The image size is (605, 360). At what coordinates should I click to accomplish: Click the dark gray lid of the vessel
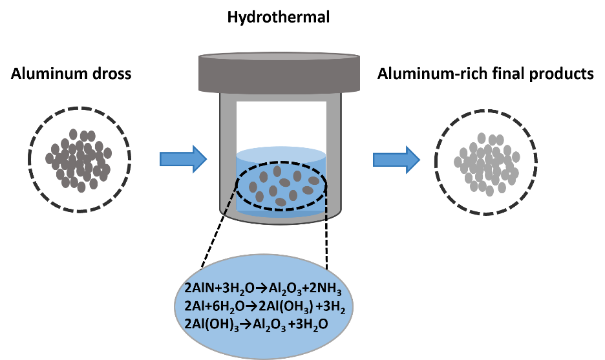point(279,72)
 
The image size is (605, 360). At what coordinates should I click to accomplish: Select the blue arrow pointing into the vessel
point(183,158)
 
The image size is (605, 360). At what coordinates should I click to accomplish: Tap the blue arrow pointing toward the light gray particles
point(396,159)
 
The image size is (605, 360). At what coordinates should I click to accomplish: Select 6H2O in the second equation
point(235,306)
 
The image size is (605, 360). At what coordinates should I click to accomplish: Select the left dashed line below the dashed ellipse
point(228,202)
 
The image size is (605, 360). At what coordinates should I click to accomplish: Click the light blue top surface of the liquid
point(281,154)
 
